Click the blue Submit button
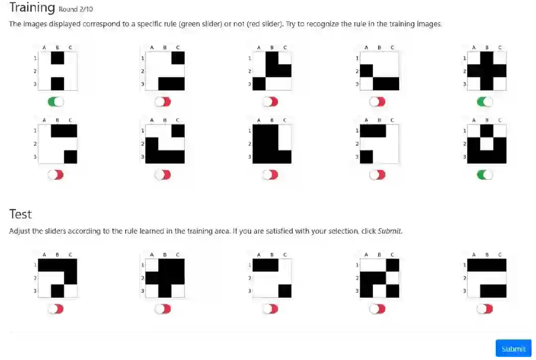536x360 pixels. point(513,349)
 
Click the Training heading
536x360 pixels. point(32,7)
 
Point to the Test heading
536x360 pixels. point(20,214)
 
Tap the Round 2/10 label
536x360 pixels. point(75,9)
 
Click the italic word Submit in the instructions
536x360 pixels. point(390,231)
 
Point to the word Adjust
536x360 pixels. point(19,231)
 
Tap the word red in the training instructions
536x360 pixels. point(255,24)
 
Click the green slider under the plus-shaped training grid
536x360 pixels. point(485,102)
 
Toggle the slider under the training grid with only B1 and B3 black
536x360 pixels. point(56,102)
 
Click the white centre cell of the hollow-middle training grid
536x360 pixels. point(487,144)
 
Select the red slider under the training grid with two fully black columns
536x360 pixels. point(270,175)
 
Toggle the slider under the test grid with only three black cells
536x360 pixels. point(270,309)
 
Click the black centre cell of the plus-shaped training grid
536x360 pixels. point(487,71)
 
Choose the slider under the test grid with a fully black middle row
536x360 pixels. point(163,309)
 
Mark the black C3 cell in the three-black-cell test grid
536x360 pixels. point(285,291)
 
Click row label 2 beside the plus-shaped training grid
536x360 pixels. point(464,71)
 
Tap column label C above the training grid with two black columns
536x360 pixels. point(285,120)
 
